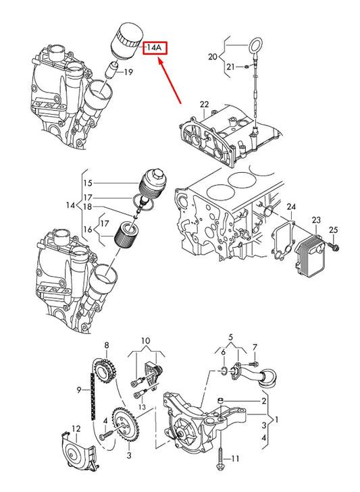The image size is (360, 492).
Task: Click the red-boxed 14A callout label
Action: tap(155, 48)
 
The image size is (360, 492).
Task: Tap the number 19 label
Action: tap(128, 72)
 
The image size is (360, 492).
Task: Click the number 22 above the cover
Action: tap(204, 104)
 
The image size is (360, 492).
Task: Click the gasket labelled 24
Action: tap(283, 240)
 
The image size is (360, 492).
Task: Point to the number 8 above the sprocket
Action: tap(107, 346)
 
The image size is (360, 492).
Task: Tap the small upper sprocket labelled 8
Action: tap(105, 372)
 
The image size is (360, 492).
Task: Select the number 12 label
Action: tap(76, 429)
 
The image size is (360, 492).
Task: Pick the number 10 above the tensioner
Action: tap(145, 341)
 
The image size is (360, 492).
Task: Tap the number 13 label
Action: tap(143, 407)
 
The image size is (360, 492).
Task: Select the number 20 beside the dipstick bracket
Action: tap(213, 57)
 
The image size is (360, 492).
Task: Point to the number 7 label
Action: tap(255, 348)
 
